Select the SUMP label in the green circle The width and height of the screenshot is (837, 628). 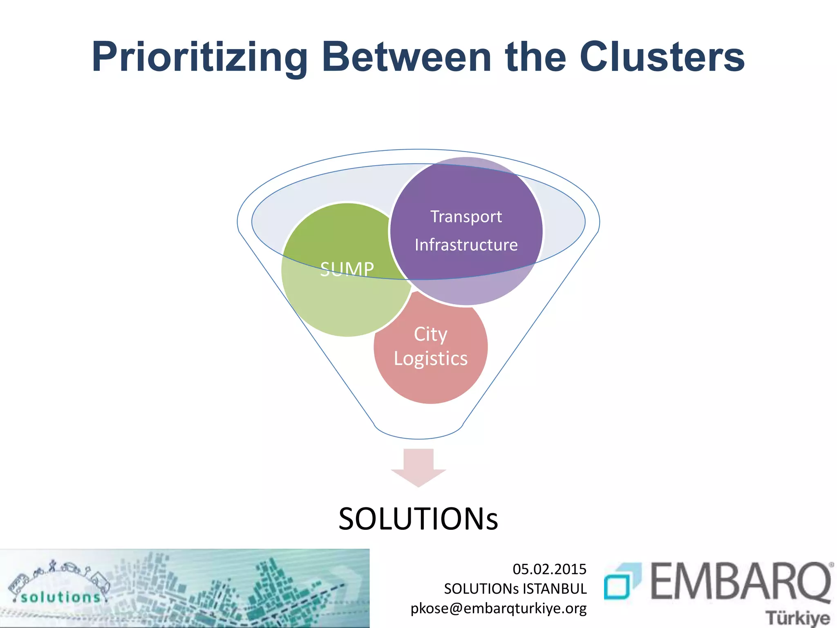(x=347, y=269)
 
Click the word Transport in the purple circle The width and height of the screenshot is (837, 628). (x=466, y=217)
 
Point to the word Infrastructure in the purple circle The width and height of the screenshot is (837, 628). (x=466, y=245)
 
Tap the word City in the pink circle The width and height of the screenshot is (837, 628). (x=430, y=334)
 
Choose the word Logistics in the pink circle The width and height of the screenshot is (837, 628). (x=430, y=359)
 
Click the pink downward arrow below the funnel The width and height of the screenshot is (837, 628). (x=418, y=467)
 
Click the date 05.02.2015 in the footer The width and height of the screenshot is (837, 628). (x=549, y=569)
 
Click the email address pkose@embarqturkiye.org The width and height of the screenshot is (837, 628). (x=498, y=608)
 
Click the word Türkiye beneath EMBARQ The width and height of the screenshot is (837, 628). (x=797, y=618)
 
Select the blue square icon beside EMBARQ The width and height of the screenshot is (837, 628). (x=622, y=581)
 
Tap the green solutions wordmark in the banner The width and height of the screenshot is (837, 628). (x=60, y=597)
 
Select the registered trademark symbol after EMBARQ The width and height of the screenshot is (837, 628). (x=831, y=565)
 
